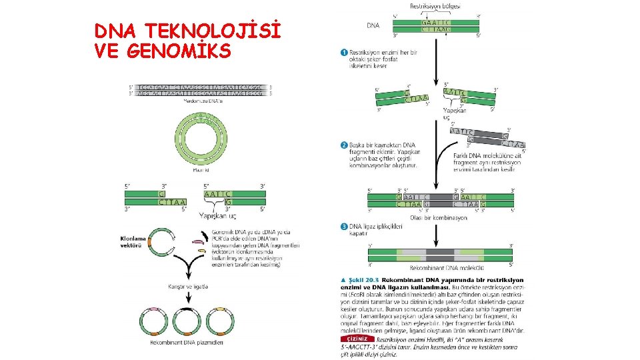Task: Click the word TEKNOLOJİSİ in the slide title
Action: [213, 31]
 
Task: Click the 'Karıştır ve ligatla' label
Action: [188, 287]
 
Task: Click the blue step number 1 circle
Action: [344, 52]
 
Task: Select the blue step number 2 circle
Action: [344, 145]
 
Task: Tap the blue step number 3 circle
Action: [344, 227]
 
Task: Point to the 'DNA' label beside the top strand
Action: [373, 26]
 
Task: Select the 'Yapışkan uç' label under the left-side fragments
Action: [218, 215]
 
